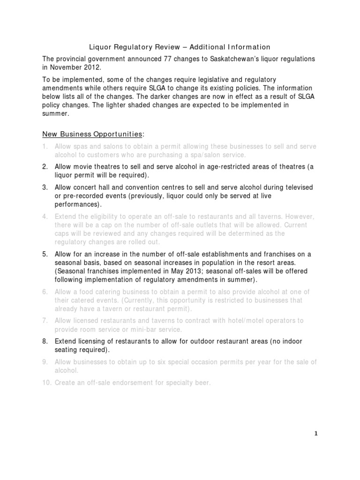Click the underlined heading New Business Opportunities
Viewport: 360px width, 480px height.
pos(92,134)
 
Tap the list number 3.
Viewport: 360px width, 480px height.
pos(45,187)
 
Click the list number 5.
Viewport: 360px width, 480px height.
pos(45,254)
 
